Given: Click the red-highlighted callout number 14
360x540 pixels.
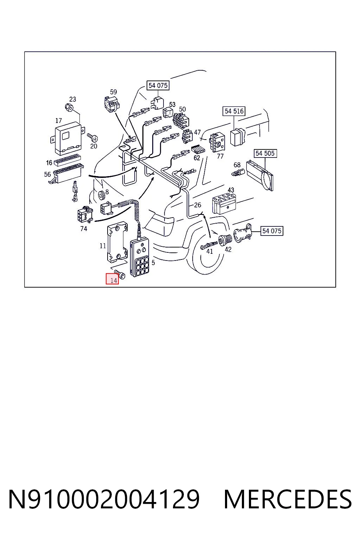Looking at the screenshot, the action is [112, 279].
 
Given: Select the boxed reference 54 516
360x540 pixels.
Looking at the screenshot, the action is [234, 111].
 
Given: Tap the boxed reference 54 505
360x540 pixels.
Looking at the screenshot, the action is [265, 153].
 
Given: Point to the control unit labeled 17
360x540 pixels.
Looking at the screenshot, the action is [67, 138].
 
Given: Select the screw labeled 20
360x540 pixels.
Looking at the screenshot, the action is [92, 137].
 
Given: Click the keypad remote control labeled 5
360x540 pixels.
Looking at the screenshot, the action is [139, 258].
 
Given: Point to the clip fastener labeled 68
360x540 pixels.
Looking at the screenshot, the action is [238, 172].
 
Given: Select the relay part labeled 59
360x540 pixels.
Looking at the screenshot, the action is [112, 104].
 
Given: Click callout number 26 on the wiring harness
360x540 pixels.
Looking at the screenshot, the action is [197, 205].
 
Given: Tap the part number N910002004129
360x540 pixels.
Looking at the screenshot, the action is [104, 499].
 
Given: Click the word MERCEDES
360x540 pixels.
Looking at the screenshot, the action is [288, 499].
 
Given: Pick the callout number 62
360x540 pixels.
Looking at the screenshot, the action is [197, 157].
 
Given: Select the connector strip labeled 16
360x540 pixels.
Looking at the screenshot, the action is [67, 161].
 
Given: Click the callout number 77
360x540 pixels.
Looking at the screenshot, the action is [220, 156].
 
